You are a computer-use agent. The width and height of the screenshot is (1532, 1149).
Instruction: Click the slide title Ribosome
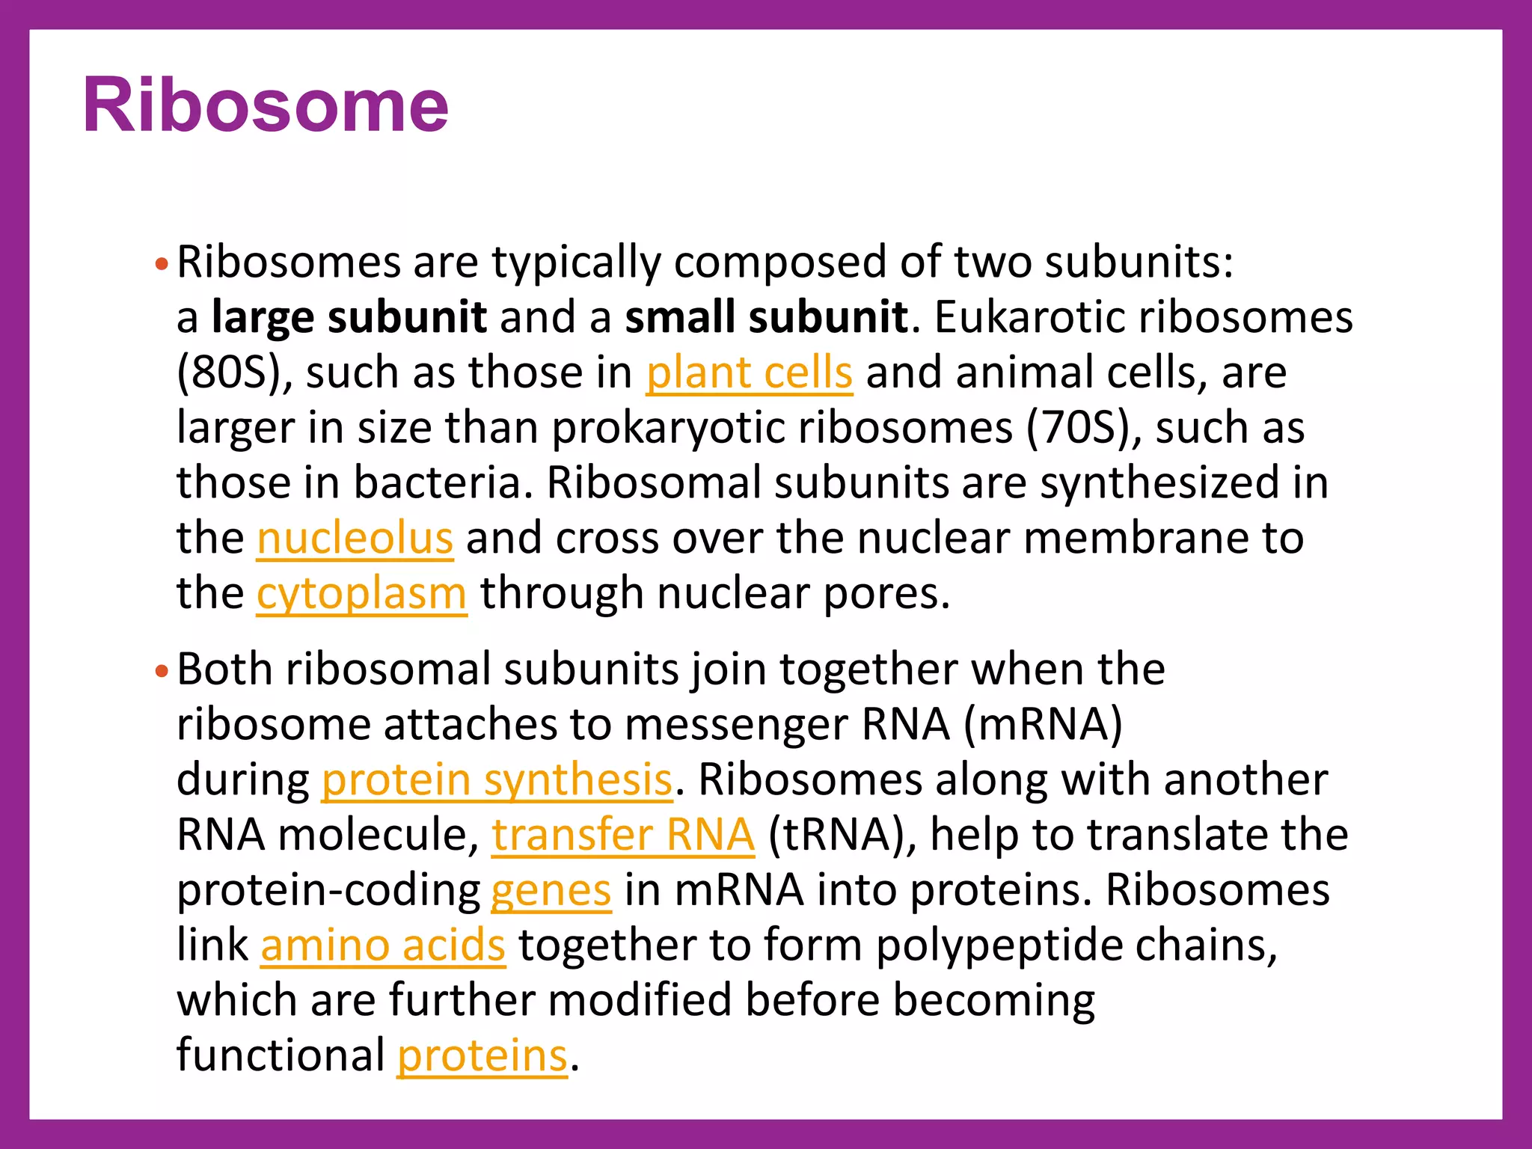click(266, 106)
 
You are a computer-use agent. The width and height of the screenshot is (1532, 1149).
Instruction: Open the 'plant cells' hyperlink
click(749, 373)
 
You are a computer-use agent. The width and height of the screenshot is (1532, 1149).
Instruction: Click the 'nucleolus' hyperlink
click(355, 539)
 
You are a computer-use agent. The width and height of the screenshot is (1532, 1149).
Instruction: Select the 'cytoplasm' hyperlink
click(361, 594)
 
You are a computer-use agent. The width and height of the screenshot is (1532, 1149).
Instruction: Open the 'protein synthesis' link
click(497, 779)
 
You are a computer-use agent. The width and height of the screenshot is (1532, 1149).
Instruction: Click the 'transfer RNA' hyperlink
click(622, 835)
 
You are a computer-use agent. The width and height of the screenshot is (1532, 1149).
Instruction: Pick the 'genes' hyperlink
click(551, 890)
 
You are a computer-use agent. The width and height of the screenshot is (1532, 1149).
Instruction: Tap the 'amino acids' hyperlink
click(383, 946)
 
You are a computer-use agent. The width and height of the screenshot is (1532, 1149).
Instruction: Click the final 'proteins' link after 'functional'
click(482, 1056)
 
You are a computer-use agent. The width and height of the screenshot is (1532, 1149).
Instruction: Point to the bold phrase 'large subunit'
click(349, 317)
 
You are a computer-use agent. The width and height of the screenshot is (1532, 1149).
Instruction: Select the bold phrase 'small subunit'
click(766, 317)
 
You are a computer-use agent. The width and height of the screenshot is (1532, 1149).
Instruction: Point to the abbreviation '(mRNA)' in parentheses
click(1044, 724)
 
